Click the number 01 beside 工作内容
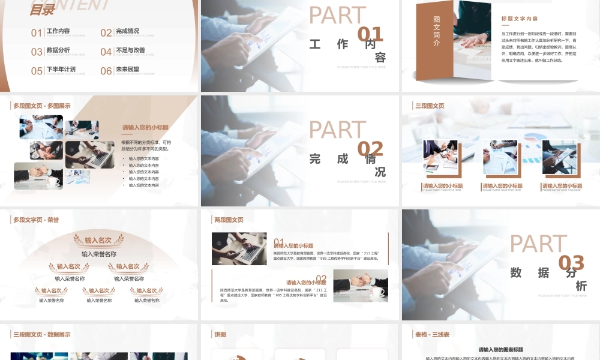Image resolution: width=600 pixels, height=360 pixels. click(x=37, y=33)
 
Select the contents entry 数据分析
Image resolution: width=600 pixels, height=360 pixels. click(x=58, y=50)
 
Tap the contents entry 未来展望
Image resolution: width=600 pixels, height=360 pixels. click(x=127, y=70)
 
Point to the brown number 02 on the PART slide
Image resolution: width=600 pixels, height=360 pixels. click(x=370, y=149)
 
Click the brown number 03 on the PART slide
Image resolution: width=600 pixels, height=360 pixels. click(x=571, y=263)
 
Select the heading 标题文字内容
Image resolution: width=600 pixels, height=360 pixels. click(x=520, y=19)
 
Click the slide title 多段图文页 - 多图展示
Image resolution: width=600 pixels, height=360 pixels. click(x=42, y=106)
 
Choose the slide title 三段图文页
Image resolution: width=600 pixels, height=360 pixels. click(x=430, y=106)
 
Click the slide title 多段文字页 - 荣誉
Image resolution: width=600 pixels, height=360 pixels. click(x=36, y=220)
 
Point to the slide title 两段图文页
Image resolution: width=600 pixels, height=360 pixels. click(x=229, y=220)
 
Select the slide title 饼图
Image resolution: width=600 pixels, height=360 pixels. click(x=220, y=334)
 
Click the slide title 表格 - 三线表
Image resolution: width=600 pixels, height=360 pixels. click(x=432, y=334)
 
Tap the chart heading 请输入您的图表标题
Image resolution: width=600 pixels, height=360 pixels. click(x=501, y=350)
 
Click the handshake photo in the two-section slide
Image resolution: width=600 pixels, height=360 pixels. click(x=361, y=285)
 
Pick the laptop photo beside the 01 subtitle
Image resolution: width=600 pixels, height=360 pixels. click(x=239, y=248)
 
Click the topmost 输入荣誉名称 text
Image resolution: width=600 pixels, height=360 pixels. click(x=99, y=254)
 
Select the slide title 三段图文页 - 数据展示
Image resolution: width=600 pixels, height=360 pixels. click(x=42, y=334)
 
